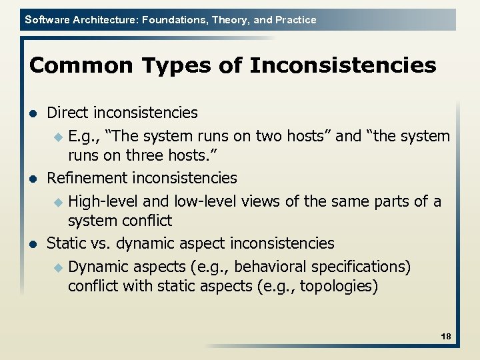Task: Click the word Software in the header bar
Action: [45, 20]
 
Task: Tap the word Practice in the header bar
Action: [295, 20]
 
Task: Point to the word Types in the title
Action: [157, 66]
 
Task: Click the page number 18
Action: [446, 337]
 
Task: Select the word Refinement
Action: [87, 178]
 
